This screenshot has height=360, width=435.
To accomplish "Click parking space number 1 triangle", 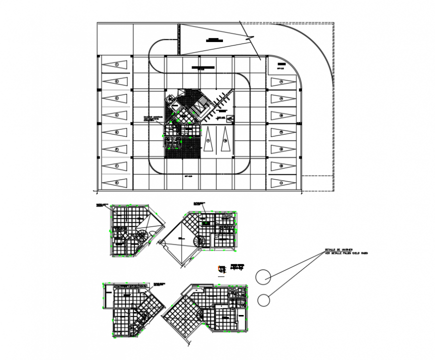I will click(115, 64).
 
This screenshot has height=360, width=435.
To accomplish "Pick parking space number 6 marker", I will click(115, 149).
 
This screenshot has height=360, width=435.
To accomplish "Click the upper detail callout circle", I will click(263, 276).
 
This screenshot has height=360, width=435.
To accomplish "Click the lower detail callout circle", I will click(264, 299).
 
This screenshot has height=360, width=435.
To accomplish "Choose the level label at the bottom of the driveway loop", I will click(188, 176).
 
